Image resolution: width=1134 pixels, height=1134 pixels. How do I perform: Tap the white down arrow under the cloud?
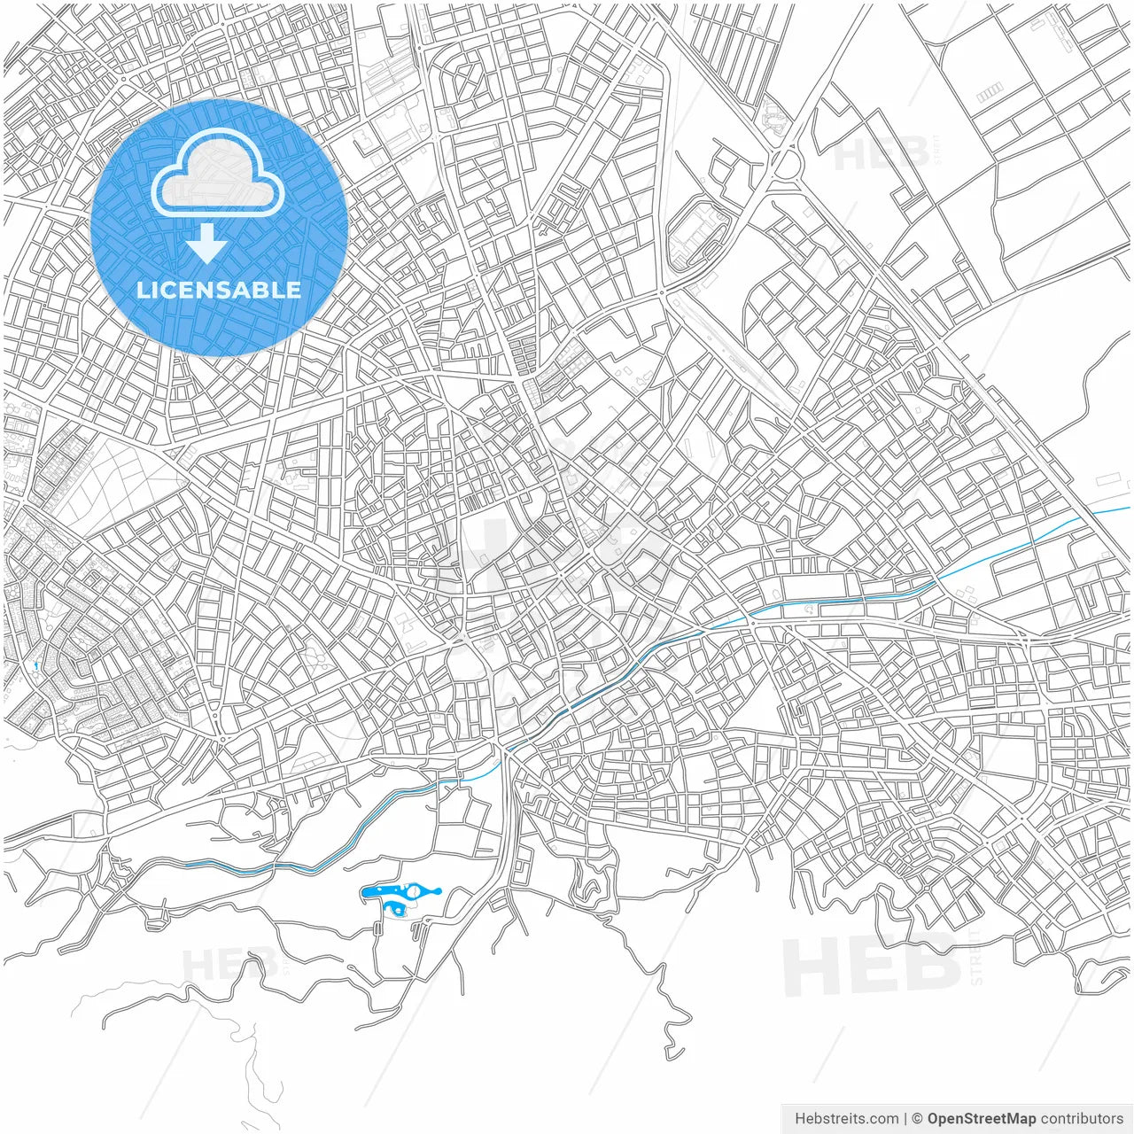tap(207, 243)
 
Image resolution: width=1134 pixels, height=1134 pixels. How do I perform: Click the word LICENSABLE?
tap(219, 290)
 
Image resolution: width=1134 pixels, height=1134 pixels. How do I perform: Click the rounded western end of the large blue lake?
tap(368, 892)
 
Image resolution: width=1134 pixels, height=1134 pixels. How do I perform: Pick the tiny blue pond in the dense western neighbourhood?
tap(35, 664)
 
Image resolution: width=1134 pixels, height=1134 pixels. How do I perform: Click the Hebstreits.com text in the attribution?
tap(846, 1119)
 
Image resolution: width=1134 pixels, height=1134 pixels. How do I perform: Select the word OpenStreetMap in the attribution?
tap(981, 1119)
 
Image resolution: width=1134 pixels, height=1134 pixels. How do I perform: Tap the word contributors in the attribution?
tap(1082, 1119)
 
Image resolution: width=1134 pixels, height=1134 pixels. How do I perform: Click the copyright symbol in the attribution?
tap(918, 1119)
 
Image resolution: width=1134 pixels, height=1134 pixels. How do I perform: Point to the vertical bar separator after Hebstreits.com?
tap(905, 1119)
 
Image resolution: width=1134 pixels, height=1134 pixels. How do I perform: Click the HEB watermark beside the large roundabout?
tap(881, 153)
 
